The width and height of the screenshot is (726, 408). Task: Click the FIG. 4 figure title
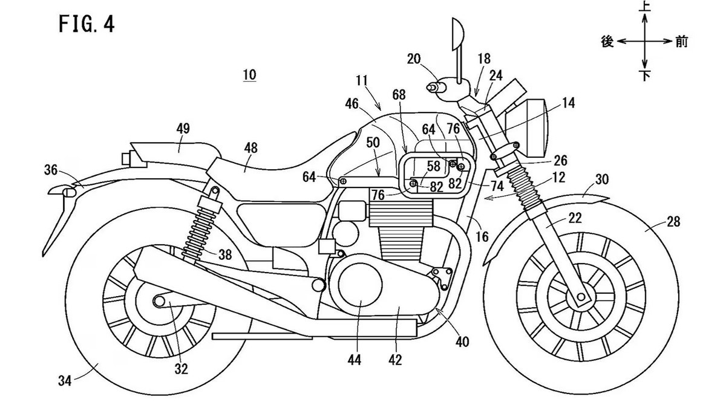pos(87,25)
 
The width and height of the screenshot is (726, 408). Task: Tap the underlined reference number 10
pos(249,75)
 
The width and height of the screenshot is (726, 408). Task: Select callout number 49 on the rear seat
pos(183,128)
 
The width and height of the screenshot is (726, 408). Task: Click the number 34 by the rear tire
pos(65,381)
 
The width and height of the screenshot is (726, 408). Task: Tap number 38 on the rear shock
pos(225,255)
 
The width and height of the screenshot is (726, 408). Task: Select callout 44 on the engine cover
pos(355,360)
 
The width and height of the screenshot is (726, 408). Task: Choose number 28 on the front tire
pos(673,222)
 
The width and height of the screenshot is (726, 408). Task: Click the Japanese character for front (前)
pos(682,42)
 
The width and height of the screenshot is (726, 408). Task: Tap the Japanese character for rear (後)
pos(608,42)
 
